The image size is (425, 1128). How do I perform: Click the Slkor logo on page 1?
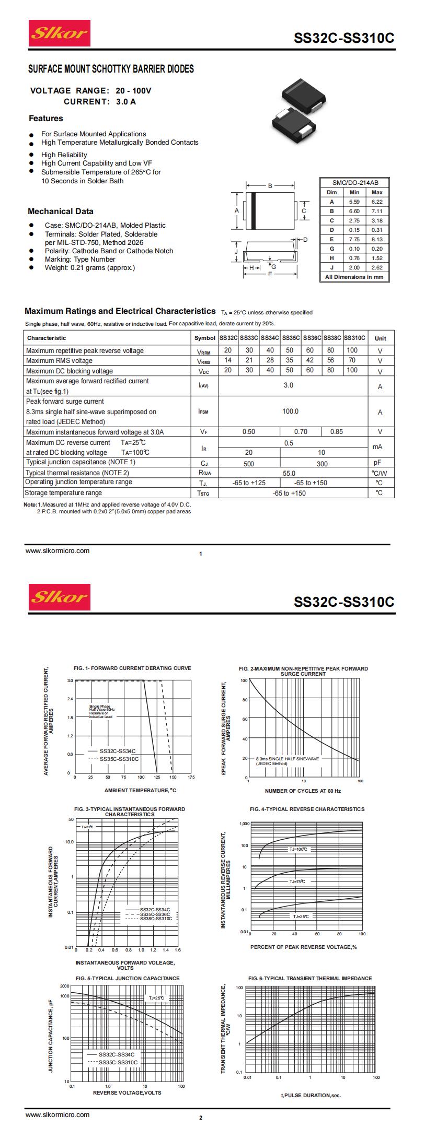[59, 33]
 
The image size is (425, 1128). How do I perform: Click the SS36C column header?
[312, 338]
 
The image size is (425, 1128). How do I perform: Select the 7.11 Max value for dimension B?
[377, 211]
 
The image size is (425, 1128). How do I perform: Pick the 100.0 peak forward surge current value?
[290, 412]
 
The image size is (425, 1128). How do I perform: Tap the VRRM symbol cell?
[204, 351]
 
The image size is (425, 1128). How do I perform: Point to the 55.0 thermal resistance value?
[289, 473]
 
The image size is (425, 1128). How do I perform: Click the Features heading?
[45, 119]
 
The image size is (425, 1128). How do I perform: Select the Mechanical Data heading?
[61, 211]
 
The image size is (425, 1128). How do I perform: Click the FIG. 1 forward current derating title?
[132, 668]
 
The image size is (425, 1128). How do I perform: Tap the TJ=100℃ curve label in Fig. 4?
[298, 850]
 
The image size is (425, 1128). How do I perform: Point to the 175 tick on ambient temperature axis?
[191, 777]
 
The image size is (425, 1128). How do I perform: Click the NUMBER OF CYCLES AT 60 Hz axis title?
[303, 791]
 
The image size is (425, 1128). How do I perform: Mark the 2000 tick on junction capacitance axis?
[64, 986]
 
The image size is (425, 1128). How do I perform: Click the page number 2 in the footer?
[200, 1118]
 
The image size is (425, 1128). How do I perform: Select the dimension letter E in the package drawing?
[270, 274]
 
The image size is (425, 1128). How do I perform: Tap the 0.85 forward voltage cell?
[336, 432]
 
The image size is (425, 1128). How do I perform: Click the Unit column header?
[380, 338]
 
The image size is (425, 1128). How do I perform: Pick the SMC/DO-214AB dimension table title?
[355, 183]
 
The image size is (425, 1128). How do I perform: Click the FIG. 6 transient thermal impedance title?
[310, 978]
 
